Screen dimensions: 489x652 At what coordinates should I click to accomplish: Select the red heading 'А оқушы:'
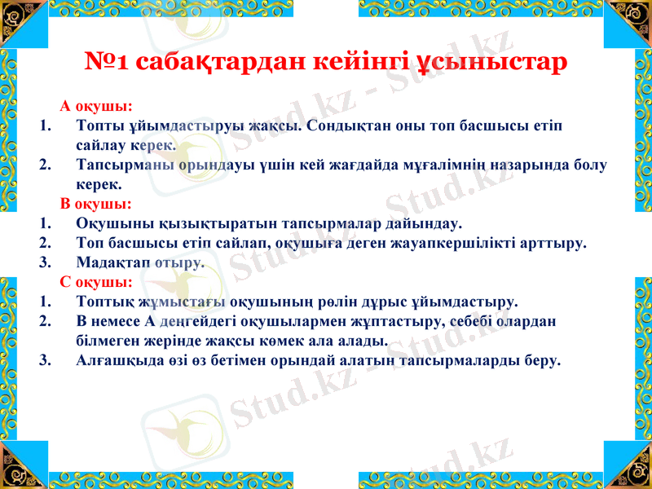[x=96, y=107]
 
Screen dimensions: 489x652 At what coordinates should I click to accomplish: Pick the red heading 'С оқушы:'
[x=96, y=283]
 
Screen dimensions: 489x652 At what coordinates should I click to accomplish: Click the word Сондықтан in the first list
[x=347, y=126]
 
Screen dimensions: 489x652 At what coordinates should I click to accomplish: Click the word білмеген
[x=109, y=341]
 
